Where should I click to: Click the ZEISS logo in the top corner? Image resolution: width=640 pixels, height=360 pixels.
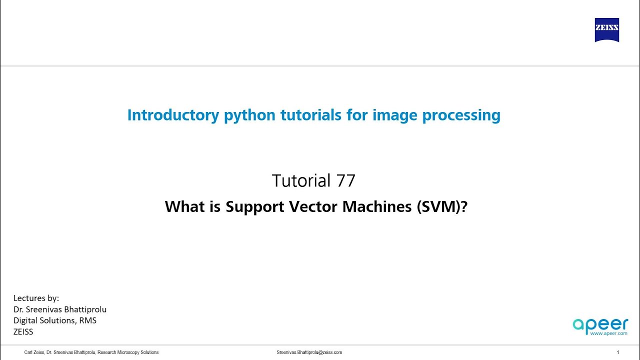pyautogui.click(x=606, y=30)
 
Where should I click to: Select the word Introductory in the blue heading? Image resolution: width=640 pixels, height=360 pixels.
pyautogui.click(x=173, y=115)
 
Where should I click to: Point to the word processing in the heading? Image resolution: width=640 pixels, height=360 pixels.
pyautogui.click(x=461, y=115)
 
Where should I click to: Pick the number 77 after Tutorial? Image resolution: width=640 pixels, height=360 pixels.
pyautogui.click(x=346, y=180)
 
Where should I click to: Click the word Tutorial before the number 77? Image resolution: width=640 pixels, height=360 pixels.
pyautogui.click(x=301, y=180)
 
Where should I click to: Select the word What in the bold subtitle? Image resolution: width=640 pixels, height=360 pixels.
pyautogui.click(x=185, y=206)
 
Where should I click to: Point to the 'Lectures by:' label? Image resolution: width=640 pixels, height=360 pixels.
pyautogui.click(x=36, y=298)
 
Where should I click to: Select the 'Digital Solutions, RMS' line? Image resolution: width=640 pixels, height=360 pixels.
pyautogui.click(x=55, y=320)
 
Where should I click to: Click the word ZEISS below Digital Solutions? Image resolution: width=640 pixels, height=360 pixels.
pyautogui.click(x=23, y=331)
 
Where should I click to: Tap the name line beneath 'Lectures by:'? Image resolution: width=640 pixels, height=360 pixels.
pyautogui.click(x=60, y=309)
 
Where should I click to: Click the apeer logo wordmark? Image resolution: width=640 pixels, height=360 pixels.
pyautogui.click(x=600, y=323)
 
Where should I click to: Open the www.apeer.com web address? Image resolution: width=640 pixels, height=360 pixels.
pyautogui.click(x=608, y=333)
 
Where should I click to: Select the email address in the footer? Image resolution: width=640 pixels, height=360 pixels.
pyautogui.click(x=309, y=352)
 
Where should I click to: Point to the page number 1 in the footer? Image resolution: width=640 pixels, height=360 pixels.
pyautogui.click(x=618, y=352)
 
